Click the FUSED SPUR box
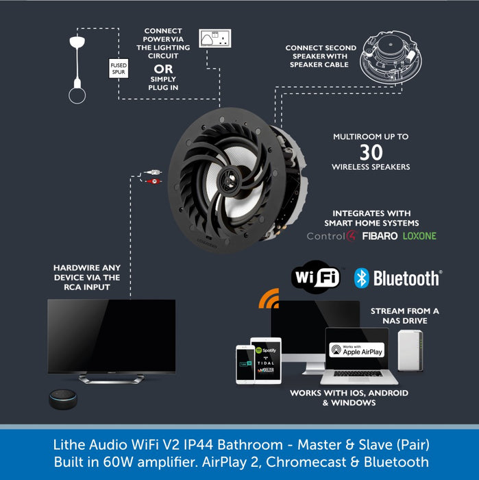[119, 68]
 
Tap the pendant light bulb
[77, 94]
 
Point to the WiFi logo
[317, 277]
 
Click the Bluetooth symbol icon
[362, 278]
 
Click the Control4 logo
[330, 237]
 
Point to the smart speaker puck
[64, 399]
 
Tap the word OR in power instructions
[163, 68]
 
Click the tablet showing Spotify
[266, 360]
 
